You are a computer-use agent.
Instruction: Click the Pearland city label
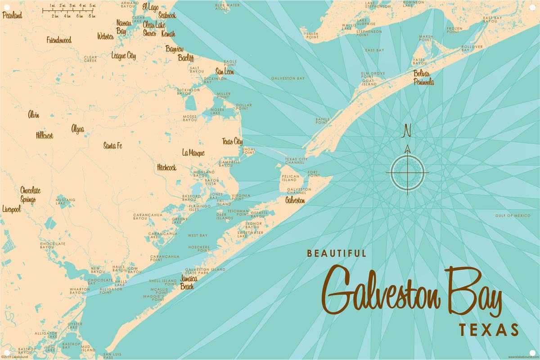[12, 15]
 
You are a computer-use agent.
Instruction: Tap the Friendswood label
[59, 40]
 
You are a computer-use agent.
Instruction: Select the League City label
[124, 56]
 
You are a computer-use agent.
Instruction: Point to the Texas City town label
[232, 141]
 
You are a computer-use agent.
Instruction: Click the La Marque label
[193, 153]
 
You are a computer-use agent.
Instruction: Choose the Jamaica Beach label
[189, 281]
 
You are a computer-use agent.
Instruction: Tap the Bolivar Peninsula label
[424, 77]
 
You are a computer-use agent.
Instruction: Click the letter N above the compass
[407, 131]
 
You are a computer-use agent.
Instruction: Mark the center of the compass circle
[408, 172]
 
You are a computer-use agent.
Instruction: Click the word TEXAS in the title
[489, 330]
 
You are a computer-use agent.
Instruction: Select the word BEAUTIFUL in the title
[337, 254]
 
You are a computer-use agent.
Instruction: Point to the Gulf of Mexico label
[513, 216]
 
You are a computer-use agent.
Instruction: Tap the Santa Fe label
[112, 145]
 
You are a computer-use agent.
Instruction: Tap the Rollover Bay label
[471, 48]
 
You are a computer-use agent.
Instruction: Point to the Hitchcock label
[166, 167]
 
